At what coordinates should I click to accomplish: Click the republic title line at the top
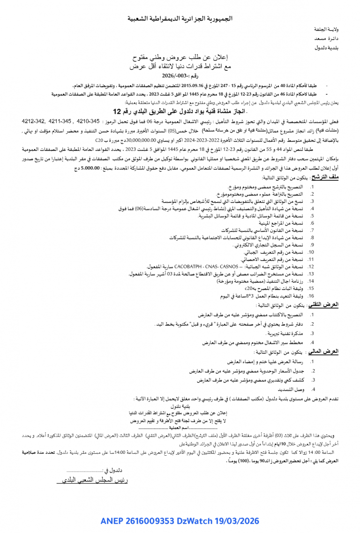[x=180, y=19]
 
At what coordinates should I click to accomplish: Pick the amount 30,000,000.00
[x=142, y=140]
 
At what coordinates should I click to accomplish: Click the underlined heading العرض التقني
[x=339, y=304]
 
